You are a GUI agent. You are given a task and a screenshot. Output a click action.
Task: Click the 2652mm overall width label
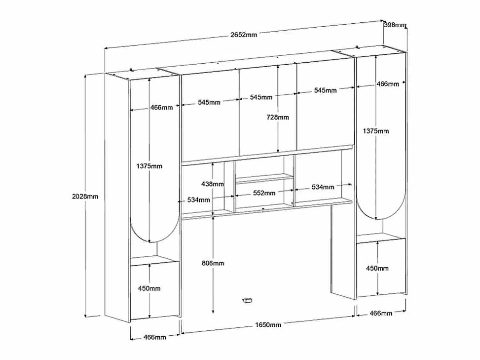coord(244,35)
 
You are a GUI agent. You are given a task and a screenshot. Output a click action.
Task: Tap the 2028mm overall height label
coord(85,197)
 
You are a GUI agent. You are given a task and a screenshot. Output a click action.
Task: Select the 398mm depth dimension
coord(395,25)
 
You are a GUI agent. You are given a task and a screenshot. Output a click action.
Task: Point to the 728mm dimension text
coord(277,117)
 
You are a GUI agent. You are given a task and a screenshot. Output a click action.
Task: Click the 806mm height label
coord(213,263)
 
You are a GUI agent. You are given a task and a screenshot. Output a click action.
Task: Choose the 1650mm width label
coord(268,325)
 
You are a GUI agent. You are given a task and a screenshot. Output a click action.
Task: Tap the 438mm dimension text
coord(212,184)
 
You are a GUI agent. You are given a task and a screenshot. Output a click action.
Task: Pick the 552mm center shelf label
coord(264,193)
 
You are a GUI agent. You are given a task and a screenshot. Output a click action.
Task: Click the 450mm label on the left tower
coord(149,289)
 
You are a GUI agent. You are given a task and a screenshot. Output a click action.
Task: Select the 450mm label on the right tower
coord(377,269)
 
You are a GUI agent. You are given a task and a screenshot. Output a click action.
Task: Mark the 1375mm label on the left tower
coord(149,166)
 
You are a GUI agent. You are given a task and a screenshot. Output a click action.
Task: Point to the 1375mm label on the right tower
coord(376,131)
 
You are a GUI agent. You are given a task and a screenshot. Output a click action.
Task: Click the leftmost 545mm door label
coord(209,102)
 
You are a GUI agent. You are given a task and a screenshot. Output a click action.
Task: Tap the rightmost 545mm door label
coord(325,90)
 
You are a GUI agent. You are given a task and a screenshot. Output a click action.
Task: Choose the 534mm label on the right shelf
coord(323,187)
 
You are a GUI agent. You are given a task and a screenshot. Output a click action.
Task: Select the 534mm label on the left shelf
coord(199,200)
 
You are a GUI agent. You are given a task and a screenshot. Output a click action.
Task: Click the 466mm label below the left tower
coord(155,337)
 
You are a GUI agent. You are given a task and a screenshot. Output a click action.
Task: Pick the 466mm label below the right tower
coord(381,313)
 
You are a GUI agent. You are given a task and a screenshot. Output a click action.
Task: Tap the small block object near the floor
coord(247,301)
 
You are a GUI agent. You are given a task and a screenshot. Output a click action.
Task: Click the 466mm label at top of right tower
coord(388,84)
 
